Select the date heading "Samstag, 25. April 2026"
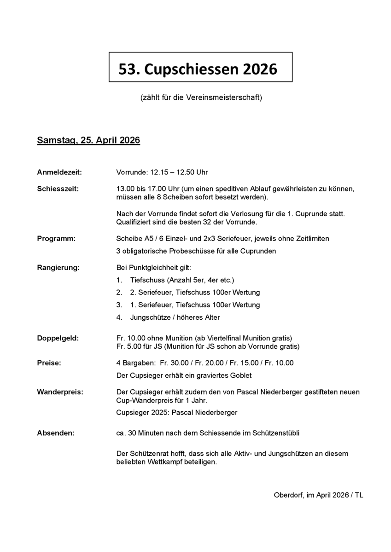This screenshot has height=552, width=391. point(88,140)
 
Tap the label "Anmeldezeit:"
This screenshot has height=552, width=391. point(59,172)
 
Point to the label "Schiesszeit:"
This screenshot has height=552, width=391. point(58,189)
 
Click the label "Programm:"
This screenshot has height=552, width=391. point(56,239)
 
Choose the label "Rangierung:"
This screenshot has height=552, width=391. point(58,267)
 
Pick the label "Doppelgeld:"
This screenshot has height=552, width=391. point(58,338)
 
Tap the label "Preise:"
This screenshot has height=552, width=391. point(49,363)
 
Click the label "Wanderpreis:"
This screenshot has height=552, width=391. point(60,392)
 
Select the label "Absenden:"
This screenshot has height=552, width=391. point(55,433)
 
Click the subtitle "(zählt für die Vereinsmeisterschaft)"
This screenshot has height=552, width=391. point(201,98)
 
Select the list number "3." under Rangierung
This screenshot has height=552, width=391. point(119,305)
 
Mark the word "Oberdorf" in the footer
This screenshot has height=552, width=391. point(288,495)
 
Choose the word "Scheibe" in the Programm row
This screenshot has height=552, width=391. point(129,239)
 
